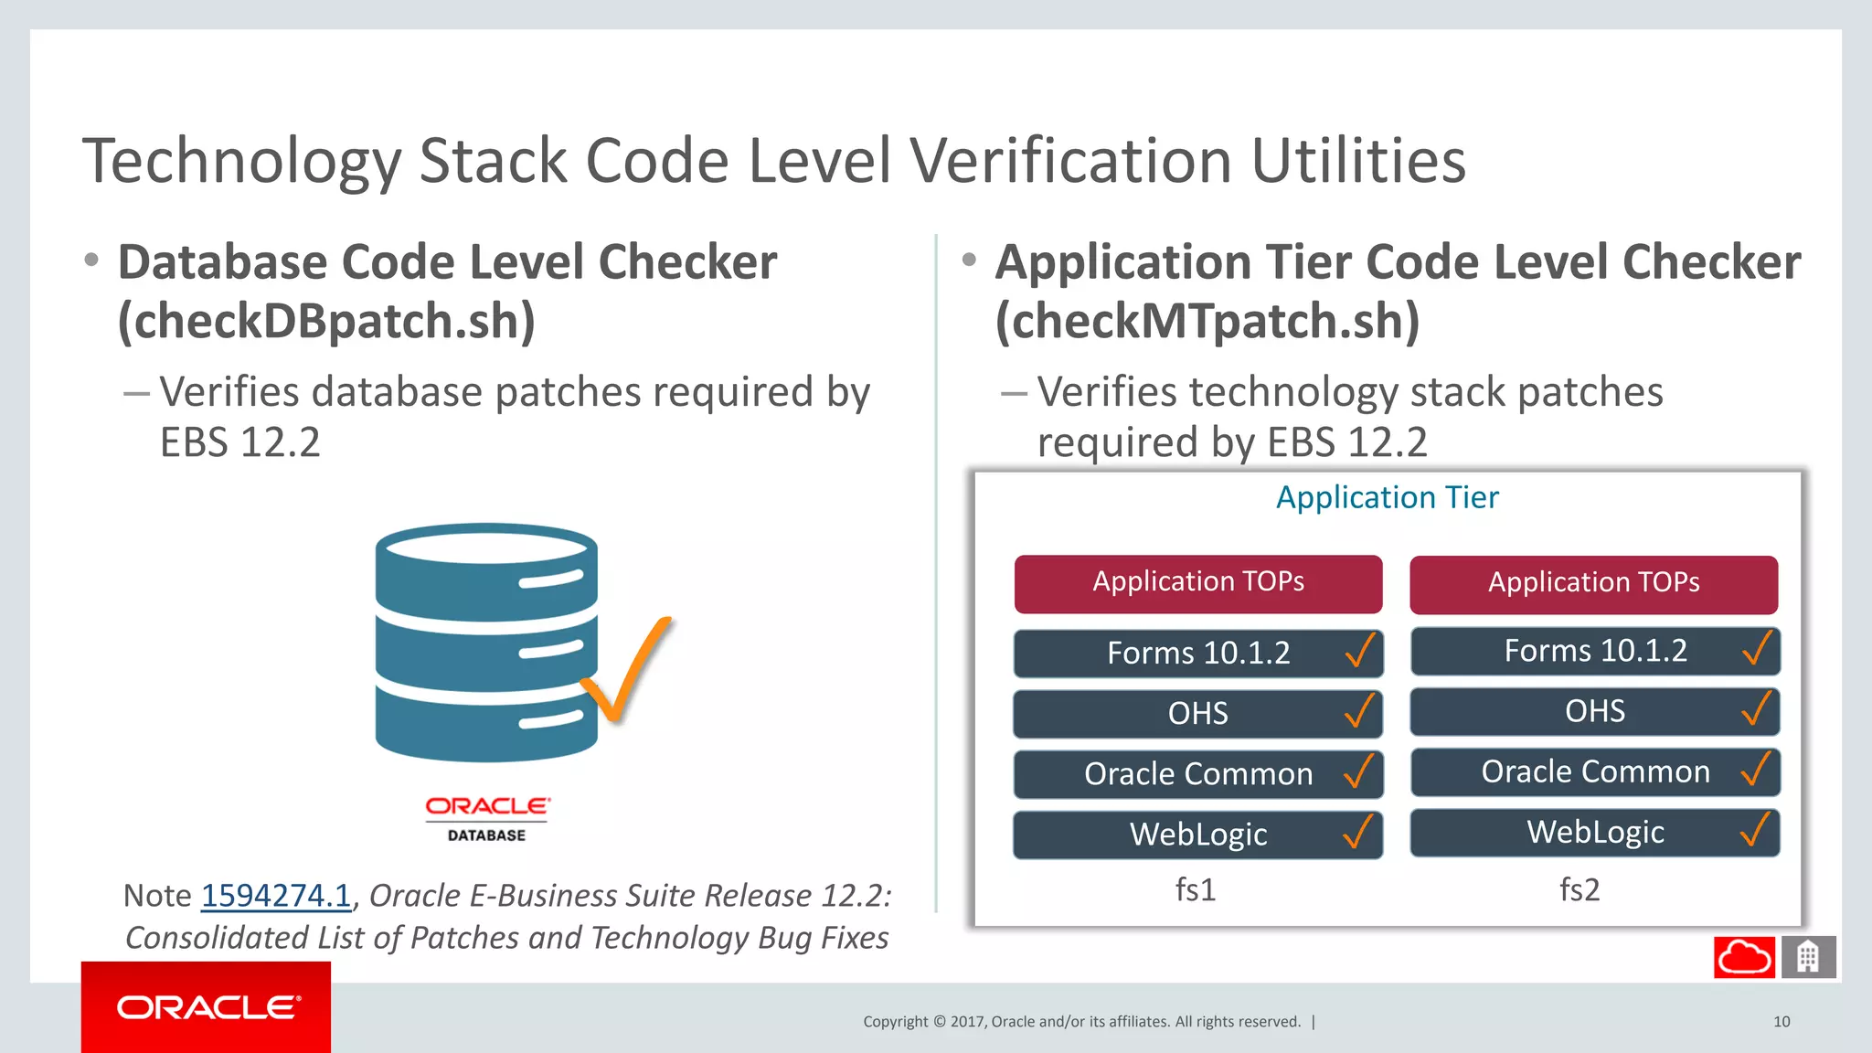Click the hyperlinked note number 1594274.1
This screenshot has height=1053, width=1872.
pyautogui.click(x=275, y=896)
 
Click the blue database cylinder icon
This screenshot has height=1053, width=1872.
pyautogui.click(x=486, y=642)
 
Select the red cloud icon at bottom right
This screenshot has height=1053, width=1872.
pyautogui.click(x=1744, y=957)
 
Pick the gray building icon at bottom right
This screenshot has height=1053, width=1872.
pyautogui.click(x=1808, y=957)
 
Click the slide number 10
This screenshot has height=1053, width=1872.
pyautogui.click(x=1782, y=1022)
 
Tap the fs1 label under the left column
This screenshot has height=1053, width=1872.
pyautogui.click(x=1196, y=889)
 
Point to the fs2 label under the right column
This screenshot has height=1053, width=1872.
pyautogui.click(x=1579, y=889)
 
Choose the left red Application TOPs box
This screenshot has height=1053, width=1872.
pyautogui.click(x=1198, y=583)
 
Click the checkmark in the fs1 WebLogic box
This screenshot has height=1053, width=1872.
pyautogui.click(x=1358, y=832)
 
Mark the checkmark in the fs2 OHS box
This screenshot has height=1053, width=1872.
pyautogui.click(x=1756, y=709)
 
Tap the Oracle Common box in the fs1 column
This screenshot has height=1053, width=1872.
pyautogui.click(x=1197, y=774)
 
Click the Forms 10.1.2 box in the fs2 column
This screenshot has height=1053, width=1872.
pyautogui.click(x=1595, y=651)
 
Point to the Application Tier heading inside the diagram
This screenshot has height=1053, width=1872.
pyautogui.click(x=1387, y=497)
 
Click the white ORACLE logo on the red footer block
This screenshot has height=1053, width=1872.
pyautogui.click(x=207, y=1007)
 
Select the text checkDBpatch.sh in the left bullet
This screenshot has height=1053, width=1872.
pyautogui.click(x=326, y=321)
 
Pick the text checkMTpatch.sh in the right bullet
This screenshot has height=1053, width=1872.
pyautogui.click(x=1207, y=321)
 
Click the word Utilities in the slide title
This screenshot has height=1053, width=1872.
pyautogui.click(x=1358, y=161)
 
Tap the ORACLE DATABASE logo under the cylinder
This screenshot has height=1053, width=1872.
pyautogui.click(x=487, y=818)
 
